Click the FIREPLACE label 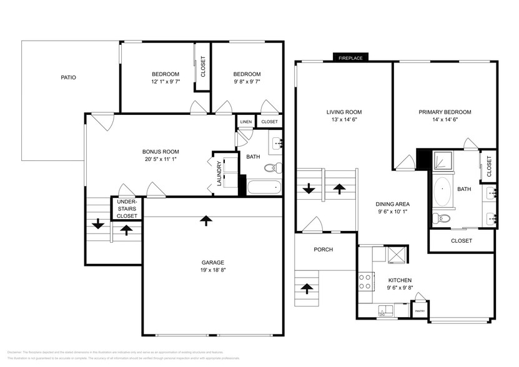click(x=350, y=57)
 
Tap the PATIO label click(x=69, y=78)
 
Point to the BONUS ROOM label click(x=161, y=152)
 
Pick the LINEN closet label click(x=245, y=122)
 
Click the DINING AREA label click(x=392, y=203)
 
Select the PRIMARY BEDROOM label click(x=445, y=112)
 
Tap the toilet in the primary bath click(x=442, y=218)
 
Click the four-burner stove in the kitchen click(x=364, y=281)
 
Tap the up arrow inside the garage click(x=205, y=220)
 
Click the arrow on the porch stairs click(x=307, y=288)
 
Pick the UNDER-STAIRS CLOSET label click(x=127, y=209)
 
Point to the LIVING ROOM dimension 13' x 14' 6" click(x=344, y=120)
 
